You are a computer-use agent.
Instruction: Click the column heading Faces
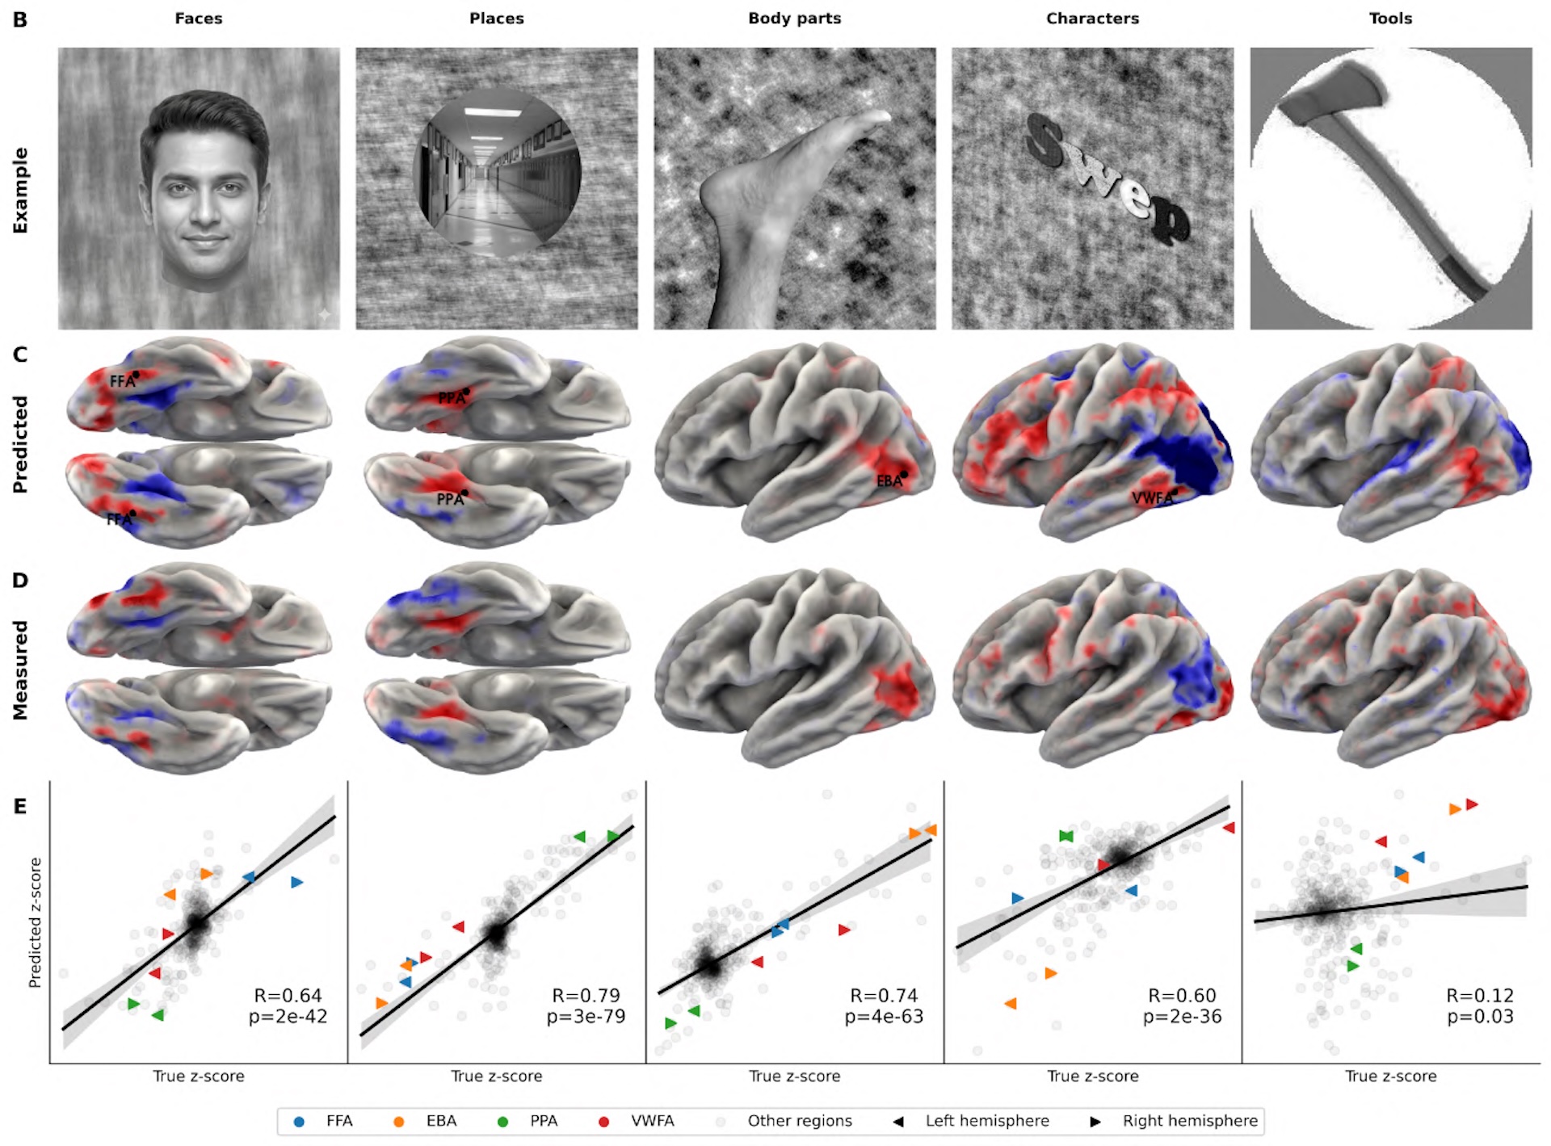[198, 19]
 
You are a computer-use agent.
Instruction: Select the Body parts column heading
[794, 19]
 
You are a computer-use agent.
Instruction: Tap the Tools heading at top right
[1389, 19]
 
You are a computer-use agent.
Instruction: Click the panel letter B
[20, 19]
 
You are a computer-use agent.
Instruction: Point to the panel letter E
[19, 806]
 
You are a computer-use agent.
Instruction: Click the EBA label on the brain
[889, 481]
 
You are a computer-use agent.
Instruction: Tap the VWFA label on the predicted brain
[1152, 498]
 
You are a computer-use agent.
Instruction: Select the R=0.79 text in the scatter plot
[586, 996]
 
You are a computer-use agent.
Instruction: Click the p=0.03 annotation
[1480, 1017]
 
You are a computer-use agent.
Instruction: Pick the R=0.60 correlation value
[1182, 996]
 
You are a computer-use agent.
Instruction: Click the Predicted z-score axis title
[35, 922]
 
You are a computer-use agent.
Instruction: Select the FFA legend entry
[338, 1121]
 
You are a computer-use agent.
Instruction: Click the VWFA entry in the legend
[652, 1121]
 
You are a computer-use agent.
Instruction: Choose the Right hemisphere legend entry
[1189, 1121]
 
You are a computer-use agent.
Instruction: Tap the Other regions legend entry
[799, 1121]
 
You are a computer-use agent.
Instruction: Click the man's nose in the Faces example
[204, 212]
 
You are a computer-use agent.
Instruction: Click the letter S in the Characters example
[1046, 137]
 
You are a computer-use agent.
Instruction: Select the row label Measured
[20, 670]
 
